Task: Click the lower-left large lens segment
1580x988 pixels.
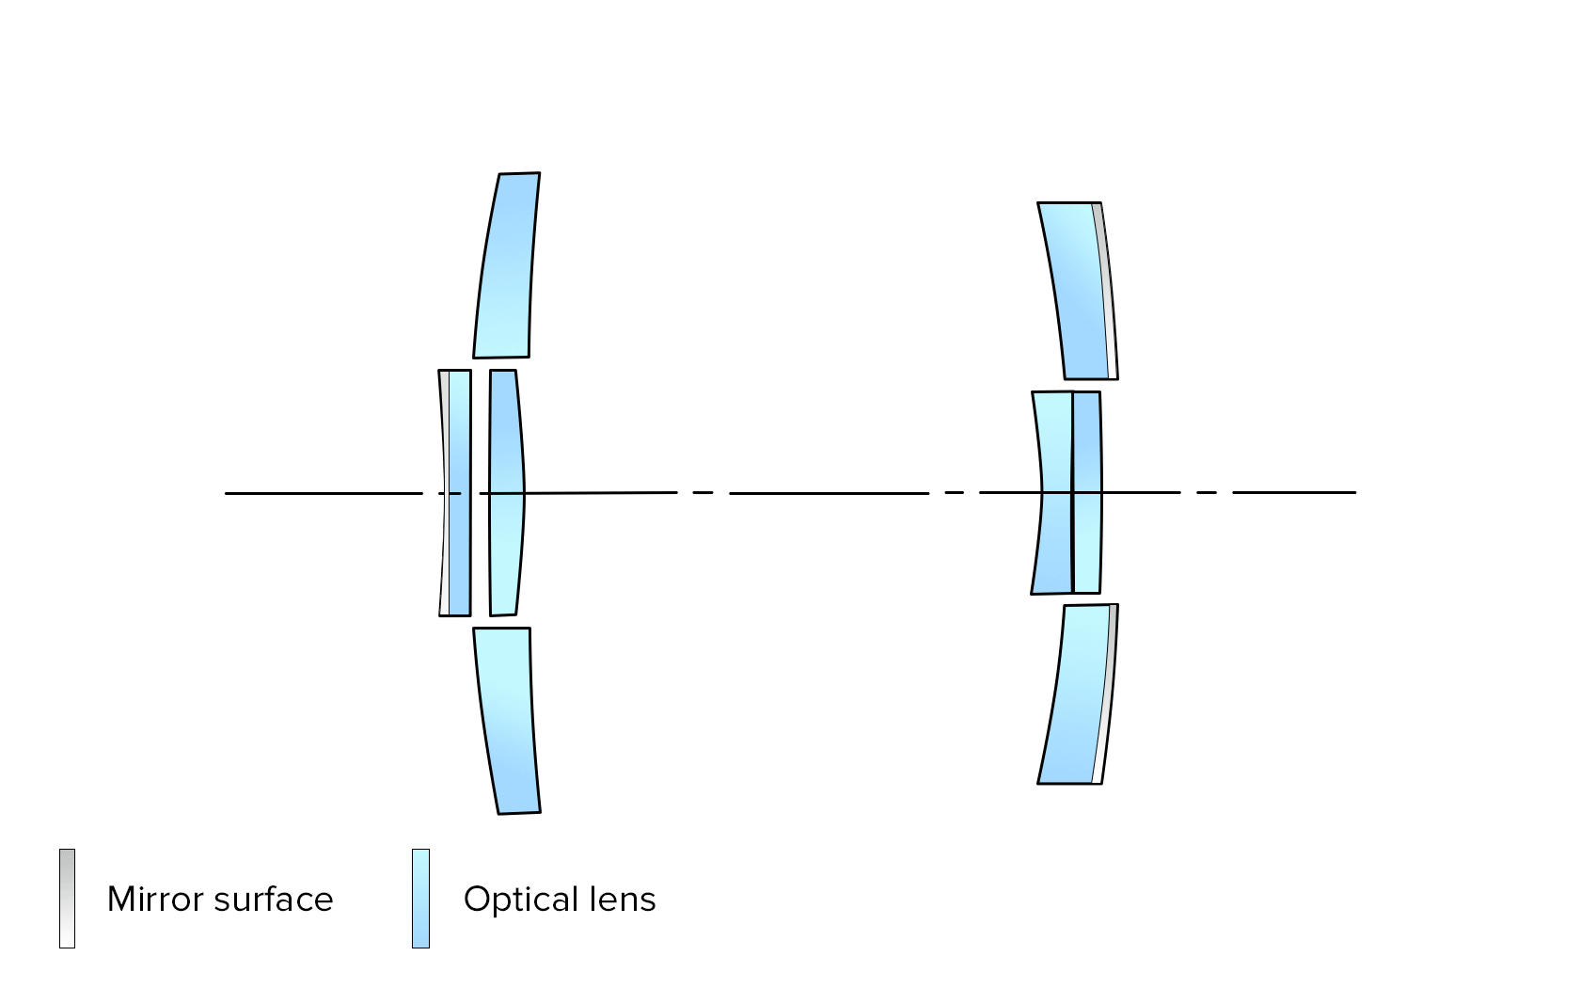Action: click(506, 720)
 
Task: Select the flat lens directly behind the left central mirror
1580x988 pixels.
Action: click(459, 493)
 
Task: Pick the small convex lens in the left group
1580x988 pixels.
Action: click(506, 493)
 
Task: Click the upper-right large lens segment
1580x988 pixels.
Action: click(1074, 290)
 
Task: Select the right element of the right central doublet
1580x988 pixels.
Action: click(1087, 493)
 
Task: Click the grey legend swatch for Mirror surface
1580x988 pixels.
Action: click(67, 899)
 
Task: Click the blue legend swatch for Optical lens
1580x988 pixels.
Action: click(420, 899)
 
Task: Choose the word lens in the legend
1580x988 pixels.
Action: click(623, 900)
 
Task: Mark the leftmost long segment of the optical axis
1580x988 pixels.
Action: click(324, 493)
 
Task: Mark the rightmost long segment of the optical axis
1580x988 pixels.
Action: click(1294, 492)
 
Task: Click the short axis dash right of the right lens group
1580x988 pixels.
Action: click(1207, 492)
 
